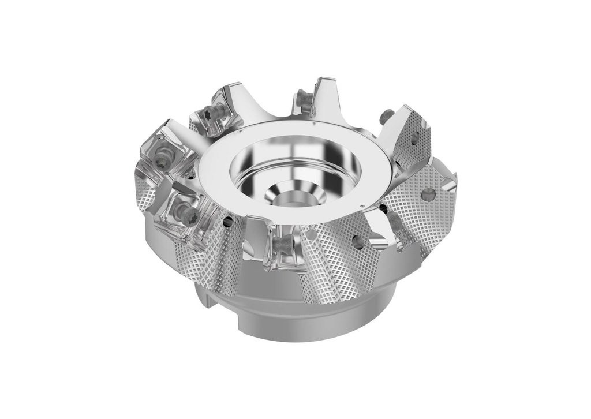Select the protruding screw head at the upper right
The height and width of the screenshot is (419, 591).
coord(387,117)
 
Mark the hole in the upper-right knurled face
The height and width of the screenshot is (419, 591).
coord(414,139)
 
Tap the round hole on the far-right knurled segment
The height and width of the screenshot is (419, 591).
coord(428,194)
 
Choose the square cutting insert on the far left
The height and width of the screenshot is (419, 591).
coord(159,153)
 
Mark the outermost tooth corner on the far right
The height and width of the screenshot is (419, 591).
coord(456,184)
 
